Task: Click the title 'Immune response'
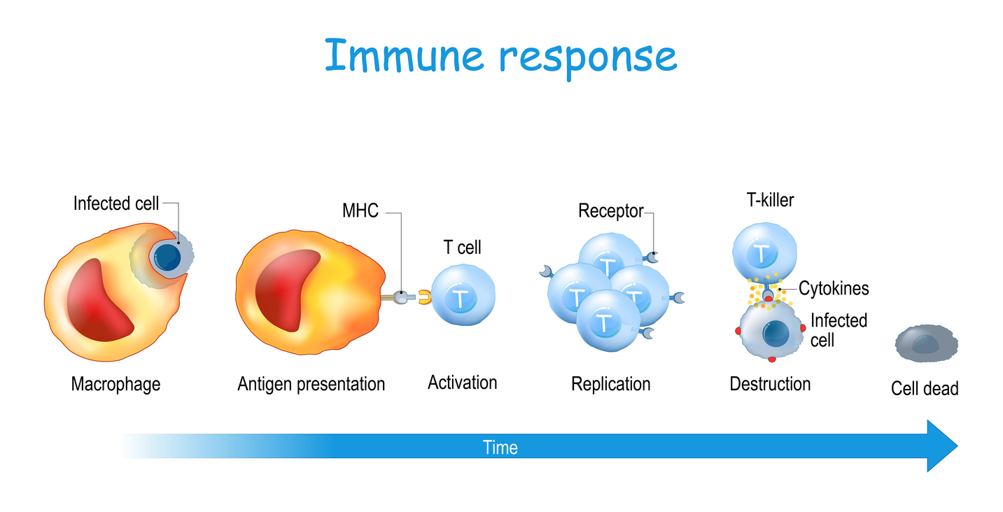(x=500, y=57)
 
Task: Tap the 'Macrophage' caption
(x=115, y=384)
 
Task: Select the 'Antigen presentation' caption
(x=311, y=384)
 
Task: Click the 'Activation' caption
(x=463, y=383)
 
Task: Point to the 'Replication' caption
(x=611, y=384)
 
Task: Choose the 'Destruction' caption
(x=770, y=384)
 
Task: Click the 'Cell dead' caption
(x=925, y=388)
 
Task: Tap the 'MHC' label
(x=360, y=211)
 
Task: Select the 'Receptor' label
(x=611, y=211)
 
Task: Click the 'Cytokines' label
(x=834, y=288)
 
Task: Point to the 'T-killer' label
(x=770, y=200)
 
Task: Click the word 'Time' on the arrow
(x=500, y=448)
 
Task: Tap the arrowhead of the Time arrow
(x=940, y=446)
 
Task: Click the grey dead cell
(x=927, y=343)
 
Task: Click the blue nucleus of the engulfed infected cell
(x=167, y=257)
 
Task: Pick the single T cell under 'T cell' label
(x=463, y=295)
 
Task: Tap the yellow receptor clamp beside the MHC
(x=424, y=297)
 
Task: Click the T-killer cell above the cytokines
(x=764, y=253)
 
